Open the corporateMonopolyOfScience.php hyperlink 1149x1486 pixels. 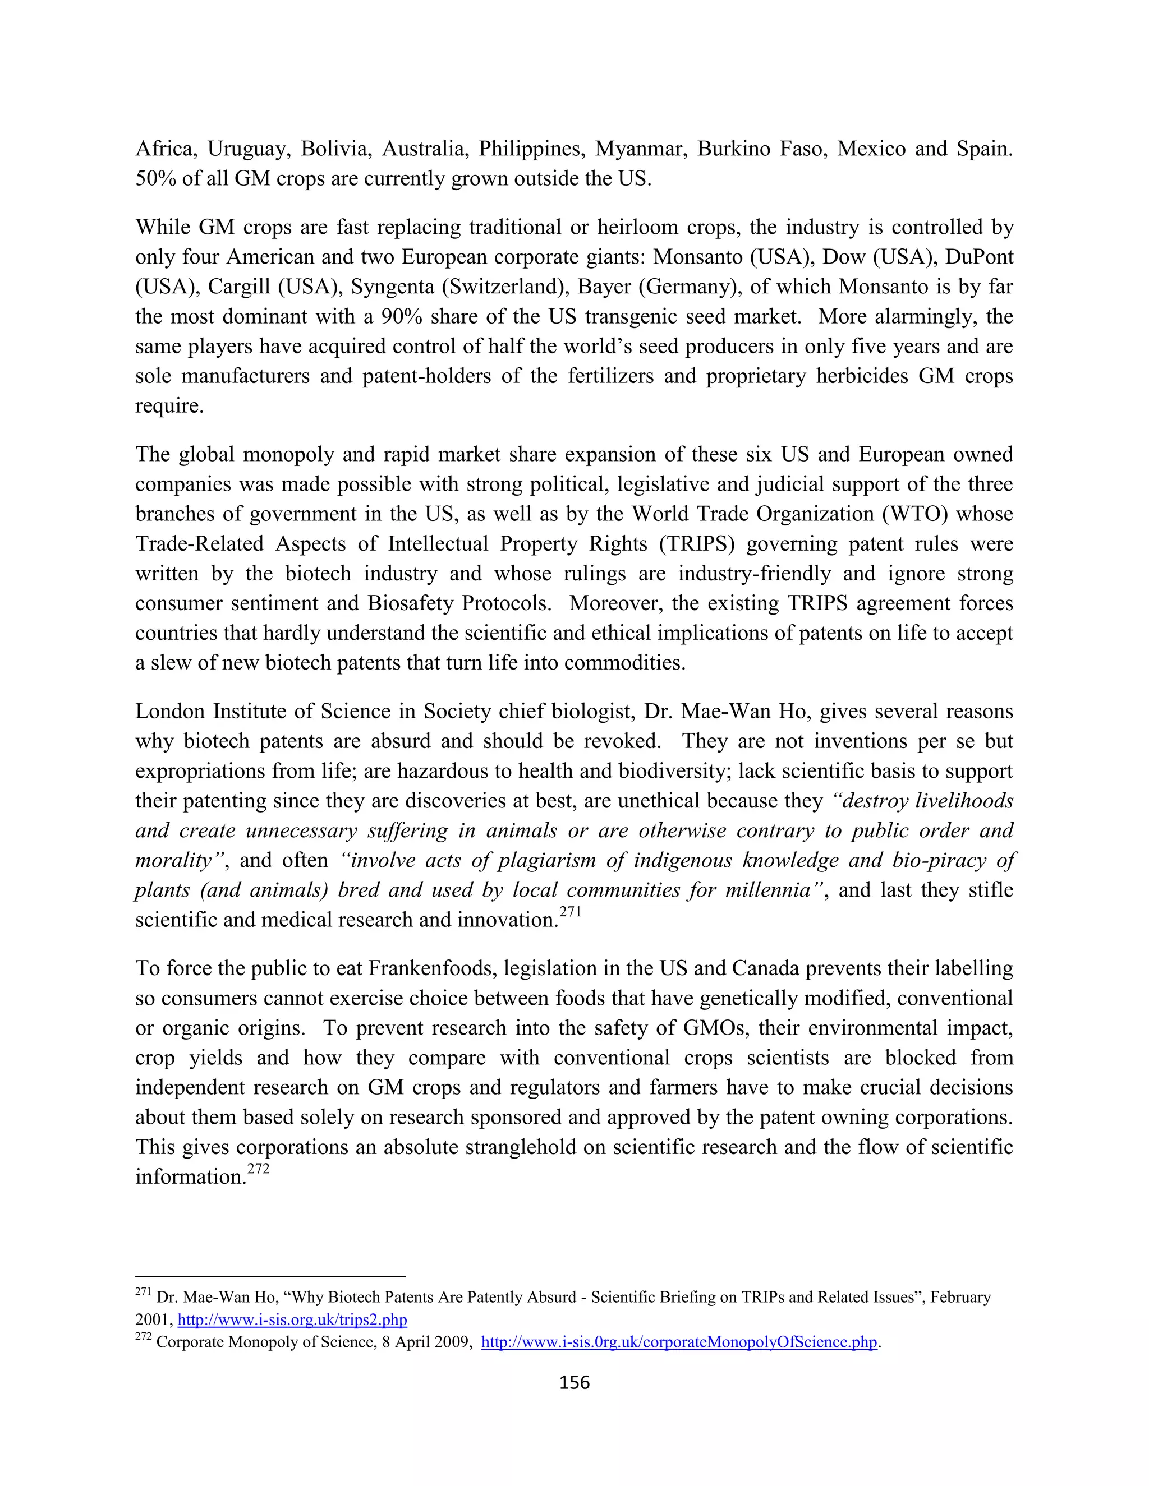pos(679,1342)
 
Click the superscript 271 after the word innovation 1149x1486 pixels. pos(571,912)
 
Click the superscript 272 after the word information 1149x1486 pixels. pos(258,1169)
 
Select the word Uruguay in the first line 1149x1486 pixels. pos(249,149)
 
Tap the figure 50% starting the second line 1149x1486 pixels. pos(155,179)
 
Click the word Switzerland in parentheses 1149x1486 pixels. pos(505,287)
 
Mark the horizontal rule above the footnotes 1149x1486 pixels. pos(270,1276)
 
